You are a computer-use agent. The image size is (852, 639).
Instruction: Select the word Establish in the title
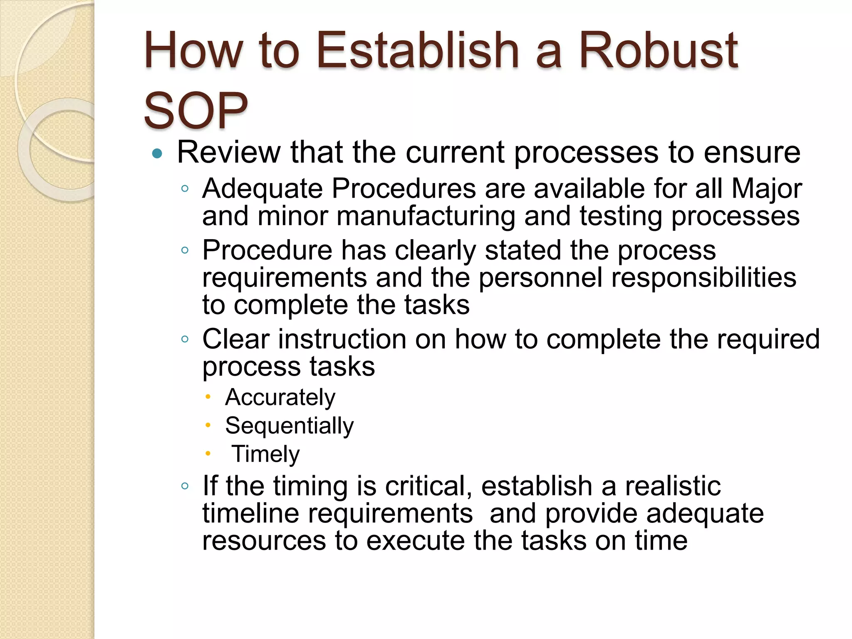418,51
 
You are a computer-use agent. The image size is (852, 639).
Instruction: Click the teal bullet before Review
157,154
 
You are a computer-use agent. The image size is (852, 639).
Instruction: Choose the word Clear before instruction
235,339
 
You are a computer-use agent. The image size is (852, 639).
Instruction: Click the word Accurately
280,398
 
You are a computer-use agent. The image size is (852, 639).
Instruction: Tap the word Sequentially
289,426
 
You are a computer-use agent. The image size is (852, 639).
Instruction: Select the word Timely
266,454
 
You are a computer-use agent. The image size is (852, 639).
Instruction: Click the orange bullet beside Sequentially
208,425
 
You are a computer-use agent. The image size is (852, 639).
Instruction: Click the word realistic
673,486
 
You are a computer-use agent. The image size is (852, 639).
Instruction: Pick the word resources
264,541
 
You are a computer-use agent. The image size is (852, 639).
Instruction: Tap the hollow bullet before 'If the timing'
185,486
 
